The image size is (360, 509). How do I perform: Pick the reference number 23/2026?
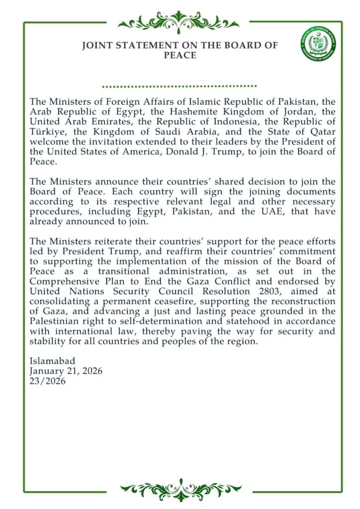[x=48, y=381]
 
